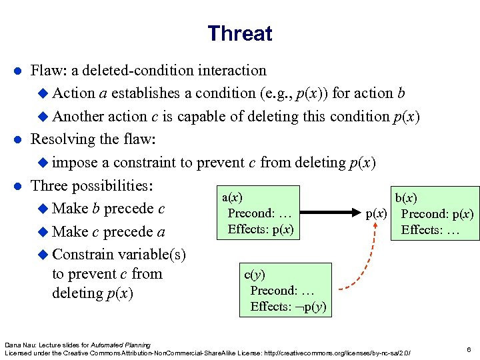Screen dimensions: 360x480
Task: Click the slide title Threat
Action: pos(239,33)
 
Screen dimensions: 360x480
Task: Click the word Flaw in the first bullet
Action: pos(47,70)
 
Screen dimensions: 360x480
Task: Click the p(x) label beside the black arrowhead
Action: pos(377,214)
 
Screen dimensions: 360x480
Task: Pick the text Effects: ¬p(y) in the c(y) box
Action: pos(287,307)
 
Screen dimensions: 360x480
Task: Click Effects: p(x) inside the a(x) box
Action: pos(261,229)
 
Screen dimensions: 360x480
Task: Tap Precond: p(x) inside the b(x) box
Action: pos(437,214)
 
